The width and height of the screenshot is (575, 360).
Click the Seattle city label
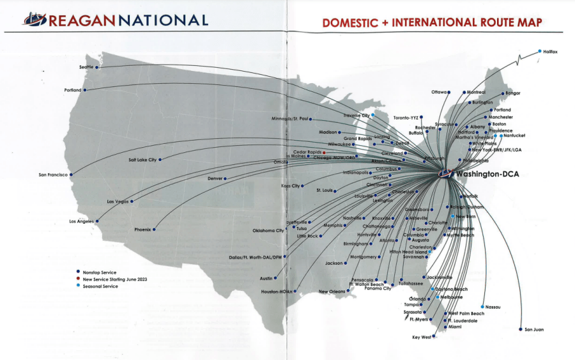click(86, 67)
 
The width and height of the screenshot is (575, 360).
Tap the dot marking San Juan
click(521, 329)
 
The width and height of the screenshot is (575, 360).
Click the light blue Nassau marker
click(482, 307)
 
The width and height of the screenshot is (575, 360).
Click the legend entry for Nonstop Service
click(99, 272)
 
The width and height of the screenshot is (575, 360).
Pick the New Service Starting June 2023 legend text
click(115, 279)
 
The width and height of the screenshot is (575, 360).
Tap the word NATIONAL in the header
click(162, 20)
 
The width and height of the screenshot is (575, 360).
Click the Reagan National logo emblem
click(35, 20)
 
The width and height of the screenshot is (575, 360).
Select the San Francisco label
click(53, 175)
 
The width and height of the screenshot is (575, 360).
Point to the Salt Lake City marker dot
click(160, 159)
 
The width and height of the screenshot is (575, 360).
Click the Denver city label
click(215, 178)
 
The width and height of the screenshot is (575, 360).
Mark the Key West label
click(421, 337)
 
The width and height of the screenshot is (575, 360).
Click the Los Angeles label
click(81, 221)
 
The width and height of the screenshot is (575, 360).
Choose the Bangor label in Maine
click(512, 93)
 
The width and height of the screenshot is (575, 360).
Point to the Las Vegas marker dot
click(132, 201)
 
